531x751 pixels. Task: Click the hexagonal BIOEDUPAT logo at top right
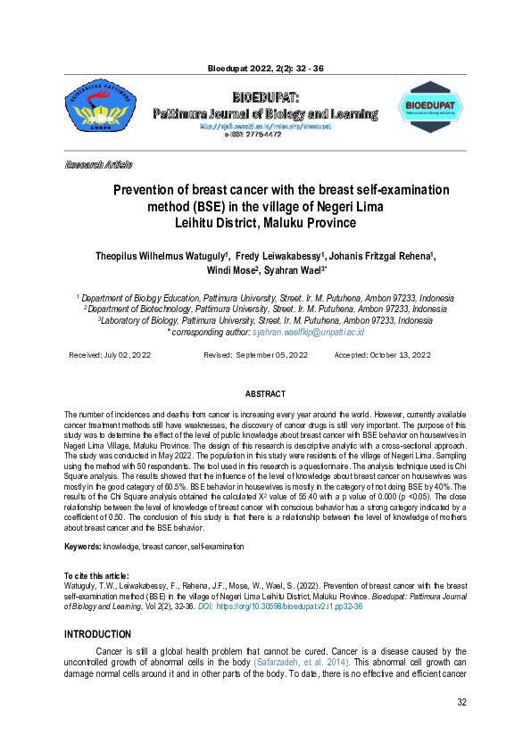(429, 106)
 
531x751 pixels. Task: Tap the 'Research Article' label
(98, 165)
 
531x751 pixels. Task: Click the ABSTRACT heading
(265, 394)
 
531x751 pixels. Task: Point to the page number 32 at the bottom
(461, 728)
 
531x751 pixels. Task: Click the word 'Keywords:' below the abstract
(82, 546)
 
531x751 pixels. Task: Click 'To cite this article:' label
(96, 576)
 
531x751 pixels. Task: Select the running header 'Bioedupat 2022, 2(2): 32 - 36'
(265, 68)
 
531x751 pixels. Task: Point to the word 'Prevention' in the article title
(154, 190)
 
